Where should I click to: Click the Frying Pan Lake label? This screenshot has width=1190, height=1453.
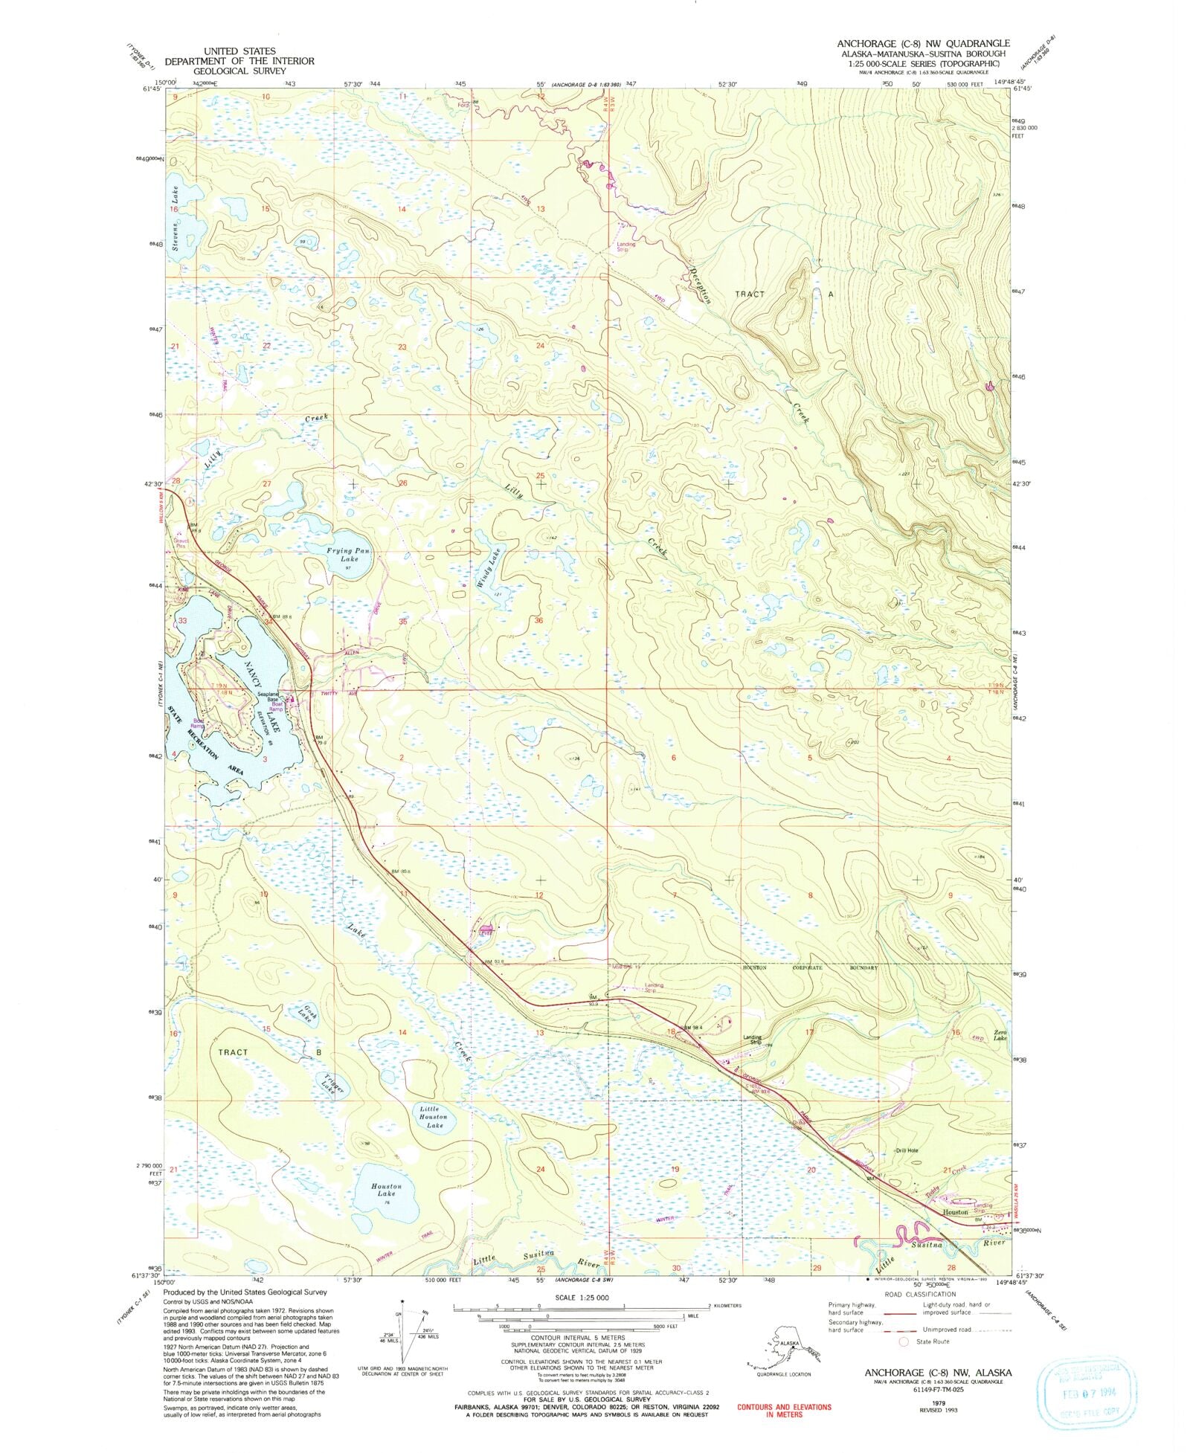344,555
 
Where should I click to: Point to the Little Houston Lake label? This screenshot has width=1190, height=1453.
433,1116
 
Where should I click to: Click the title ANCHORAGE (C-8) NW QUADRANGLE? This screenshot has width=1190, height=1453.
923,43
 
